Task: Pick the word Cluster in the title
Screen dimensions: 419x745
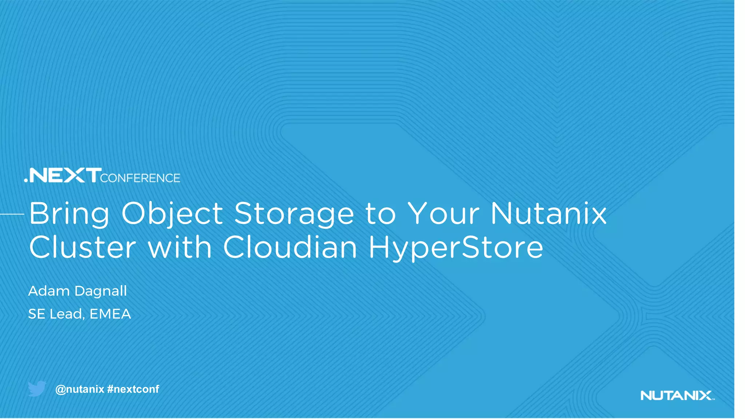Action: click(x=83, y=247)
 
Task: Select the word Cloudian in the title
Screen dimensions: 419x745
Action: click(x=290, y=247)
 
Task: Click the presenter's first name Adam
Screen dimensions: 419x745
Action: click(x=49, y=291)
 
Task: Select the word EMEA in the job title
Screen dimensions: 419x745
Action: click(x=110, y=314)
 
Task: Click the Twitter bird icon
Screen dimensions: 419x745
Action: click(x=37, y=388)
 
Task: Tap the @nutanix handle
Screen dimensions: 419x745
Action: click(x=80, y=389)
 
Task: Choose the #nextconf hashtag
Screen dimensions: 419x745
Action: click(x=133, y=389)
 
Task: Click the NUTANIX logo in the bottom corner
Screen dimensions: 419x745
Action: click(x=677, y=395)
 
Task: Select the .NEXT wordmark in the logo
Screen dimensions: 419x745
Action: click(x=63, y=175)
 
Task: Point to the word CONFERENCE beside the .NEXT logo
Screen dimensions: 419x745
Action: click(x=140, y=178)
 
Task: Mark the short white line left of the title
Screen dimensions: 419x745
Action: click(x=12, y=214)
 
